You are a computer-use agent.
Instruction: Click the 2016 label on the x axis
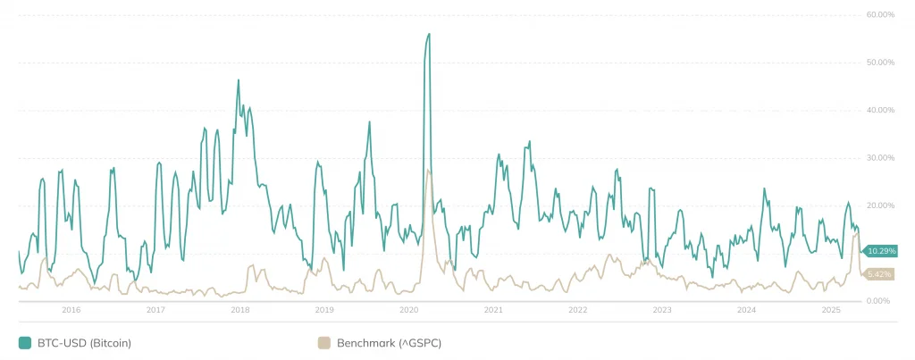(71, 310)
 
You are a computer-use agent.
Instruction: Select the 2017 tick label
(155, 310)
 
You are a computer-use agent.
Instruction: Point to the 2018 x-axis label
(239, 310)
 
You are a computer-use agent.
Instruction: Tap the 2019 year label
(324, 310)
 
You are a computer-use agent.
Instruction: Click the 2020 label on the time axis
(408, 310)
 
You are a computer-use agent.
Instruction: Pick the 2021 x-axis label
(493, 310)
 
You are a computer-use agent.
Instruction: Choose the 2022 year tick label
(577, 310)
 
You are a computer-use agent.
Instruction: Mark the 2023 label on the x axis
(662, 310)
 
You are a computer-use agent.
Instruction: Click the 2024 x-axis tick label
(746, 310)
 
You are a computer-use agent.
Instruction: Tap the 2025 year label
(831, 310)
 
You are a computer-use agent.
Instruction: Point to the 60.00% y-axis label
(880, 15)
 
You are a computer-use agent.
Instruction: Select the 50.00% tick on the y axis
(880, 63)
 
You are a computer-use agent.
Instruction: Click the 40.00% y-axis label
(880, 110)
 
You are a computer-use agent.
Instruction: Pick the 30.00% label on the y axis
(880, 158)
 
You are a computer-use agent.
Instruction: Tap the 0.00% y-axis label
(882, 301)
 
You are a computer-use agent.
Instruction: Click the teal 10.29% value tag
(879, 252)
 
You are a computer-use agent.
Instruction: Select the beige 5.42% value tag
(879, 274)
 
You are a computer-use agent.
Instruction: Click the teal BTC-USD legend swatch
(24, 342)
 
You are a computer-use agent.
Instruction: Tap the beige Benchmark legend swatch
(323, 342)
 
